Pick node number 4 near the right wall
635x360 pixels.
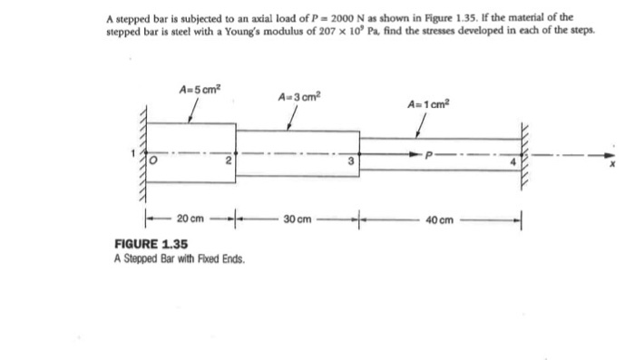pos(512,162)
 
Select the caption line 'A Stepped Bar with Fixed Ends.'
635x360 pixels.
pos(179,259)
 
